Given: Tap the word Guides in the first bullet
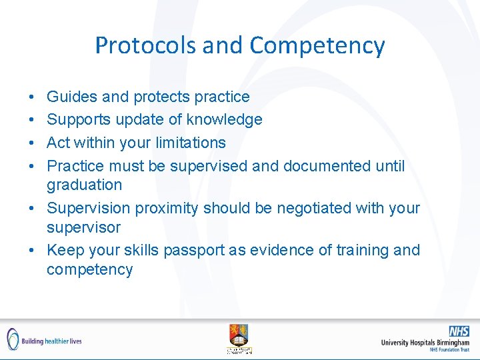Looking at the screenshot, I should pyautogui.click(x=71, y=97).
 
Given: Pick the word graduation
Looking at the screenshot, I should pyautogui.click(x=85, y=185).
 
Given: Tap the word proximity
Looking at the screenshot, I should pyautogui.click(x=167, y=209).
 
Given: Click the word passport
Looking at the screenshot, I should pyautogui.click(x=219, y=251).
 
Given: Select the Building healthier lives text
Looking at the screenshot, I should pyautogui.click(x=51, y=341).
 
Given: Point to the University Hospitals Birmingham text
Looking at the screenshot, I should pyautogui.click(x=425, y=343).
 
